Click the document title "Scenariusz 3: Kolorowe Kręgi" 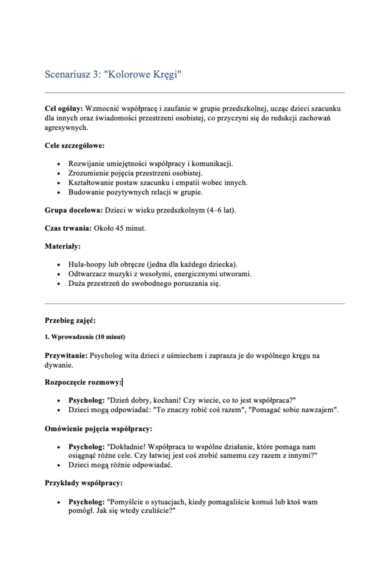(113, 74)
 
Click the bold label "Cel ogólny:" (64, 108)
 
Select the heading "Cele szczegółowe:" (74, 145)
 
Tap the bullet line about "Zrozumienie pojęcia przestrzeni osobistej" (135, 173)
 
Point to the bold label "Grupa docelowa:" (74, 210)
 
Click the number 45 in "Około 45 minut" (119, 228)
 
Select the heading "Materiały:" (62, 246)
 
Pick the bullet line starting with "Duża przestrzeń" (144, 284)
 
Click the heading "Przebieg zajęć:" (70, 320)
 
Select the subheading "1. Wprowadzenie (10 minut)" (85, 337)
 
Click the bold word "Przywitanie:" (66, 356)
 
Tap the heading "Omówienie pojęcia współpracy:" (98, 429)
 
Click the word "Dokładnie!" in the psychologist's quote (128, 447)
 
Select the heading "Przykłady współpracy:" (83, 483)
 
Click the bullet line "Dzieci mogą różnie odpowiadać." (120, 465)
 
